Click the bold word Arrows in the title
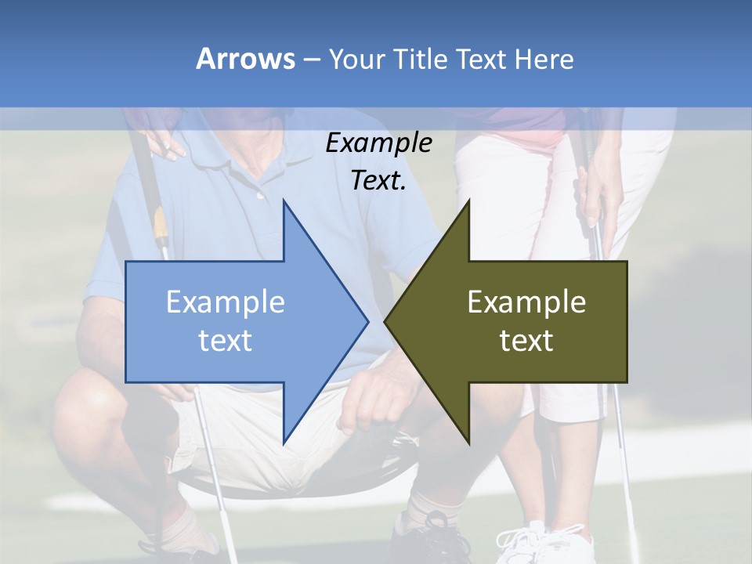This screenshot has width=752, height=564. click(246, 59)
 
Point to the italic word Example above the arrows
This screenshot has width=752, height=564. click(379, 143)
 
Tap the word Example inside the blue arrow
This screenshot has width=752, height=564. click(226, 302)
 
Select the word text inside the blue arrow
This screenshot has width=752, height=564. click(226, 341)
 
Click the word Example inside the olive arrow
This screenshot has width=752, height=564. click(526, 302)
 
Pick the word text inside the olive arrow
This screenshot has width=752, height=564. click(526, 341)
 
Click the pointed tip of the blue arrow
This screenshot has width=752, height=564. click(367, 321)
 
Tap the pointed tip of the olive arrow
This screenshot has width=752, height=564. click(385, 321)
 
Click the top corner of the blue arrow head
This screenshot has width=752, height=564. click(284, 201)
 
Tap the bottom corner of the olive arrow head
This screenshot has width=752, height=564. click(468, 443)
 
